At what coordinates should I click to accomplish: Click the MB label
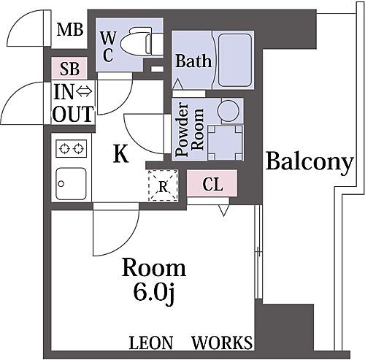(70, 31)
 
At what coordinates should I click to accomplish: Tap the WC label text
(107, 47)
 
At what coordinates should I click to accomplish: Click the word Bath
(193, 61)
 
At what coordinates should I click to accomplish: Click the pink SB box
(69, 69)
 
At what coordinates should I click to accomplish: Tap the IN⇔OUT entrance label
(72, 103)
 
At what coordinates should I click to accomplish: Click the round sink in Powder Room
(226, 111)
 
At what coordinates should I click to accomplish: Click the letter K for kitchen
(122, 154)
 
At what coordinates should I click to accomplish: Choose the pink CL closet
(212, 184)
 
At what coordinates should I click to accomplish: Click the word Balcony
(309, 161)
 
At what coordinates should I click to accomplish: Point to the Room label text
(153, 268)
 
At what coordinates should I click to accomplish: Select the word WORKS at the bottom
(222, 342)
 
